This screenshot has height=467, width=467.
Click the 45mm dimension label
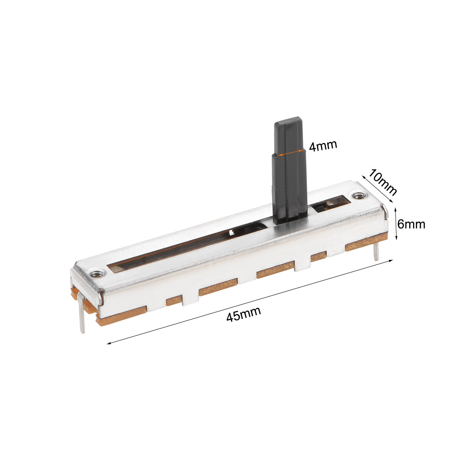[243, 315]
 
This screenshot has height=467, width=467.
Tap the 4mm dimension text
[323, 146]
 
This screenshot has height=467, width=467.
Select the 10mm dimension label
[383, 182]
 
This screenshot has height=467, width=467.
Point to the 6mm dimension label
[411, 224]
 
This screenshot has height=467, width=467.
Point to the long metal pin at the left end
[82, 318]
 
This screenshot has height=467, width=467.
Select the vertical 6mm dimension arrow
[397, 224]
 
